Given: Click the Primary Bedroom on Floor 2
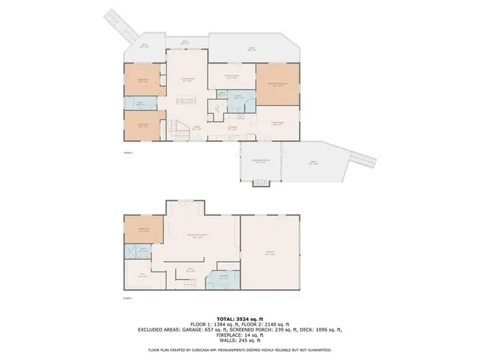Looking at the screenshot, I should pyautogui.click(x=277, y=84).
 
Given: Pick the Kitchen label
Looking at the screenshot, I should pyautogui.click(x=233, y=128).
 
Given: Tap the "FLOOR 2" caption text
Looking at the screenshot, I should pyautogui.click(x=127, y=152).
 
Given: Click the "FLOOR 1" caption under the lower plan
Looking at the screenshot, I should pyautogui.click(x=127, y=298).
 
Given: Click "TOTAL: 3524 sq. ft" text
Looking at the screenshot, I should pyautogui.click(x=239, y=319).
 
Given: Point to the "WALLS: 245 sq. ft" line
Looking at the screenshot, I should pyautogui.click(x=239, y=341).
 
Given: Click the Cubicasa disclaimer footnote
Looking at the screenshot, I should pyautogui.click(x=239, y=349).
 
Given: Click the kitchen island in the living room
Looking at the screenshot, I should pyautogui.click(x=186, y=100).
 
